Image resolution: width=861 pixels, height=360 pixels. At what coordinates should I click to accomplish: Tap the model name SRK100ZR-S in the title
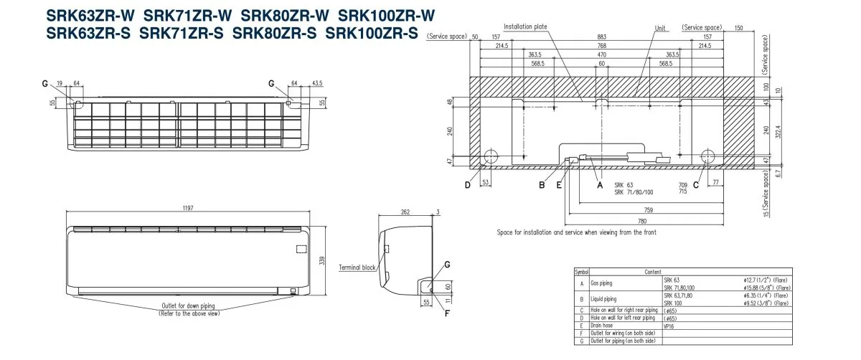click(372, 32)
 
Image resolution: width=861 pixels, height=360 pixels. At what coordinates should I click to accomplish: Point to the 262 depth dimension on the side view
click(405, 212)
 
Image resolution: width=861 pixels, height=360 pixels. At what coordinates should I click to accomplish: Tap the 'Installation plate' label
click(525, 27)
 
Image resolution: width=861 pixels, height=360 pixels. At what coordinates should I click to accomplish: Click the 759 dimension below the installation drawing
click(648, 209)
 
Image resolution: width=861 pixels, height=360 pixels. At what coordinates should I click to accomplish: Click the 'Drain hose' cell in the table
click(603, 324)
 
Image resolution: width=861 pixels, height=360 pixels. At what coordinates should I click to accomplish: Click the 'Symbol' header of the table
click(582, 273)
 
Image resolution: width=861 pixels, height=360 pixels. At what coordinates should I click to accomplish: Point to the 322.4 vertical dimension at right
click(778, 131)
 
